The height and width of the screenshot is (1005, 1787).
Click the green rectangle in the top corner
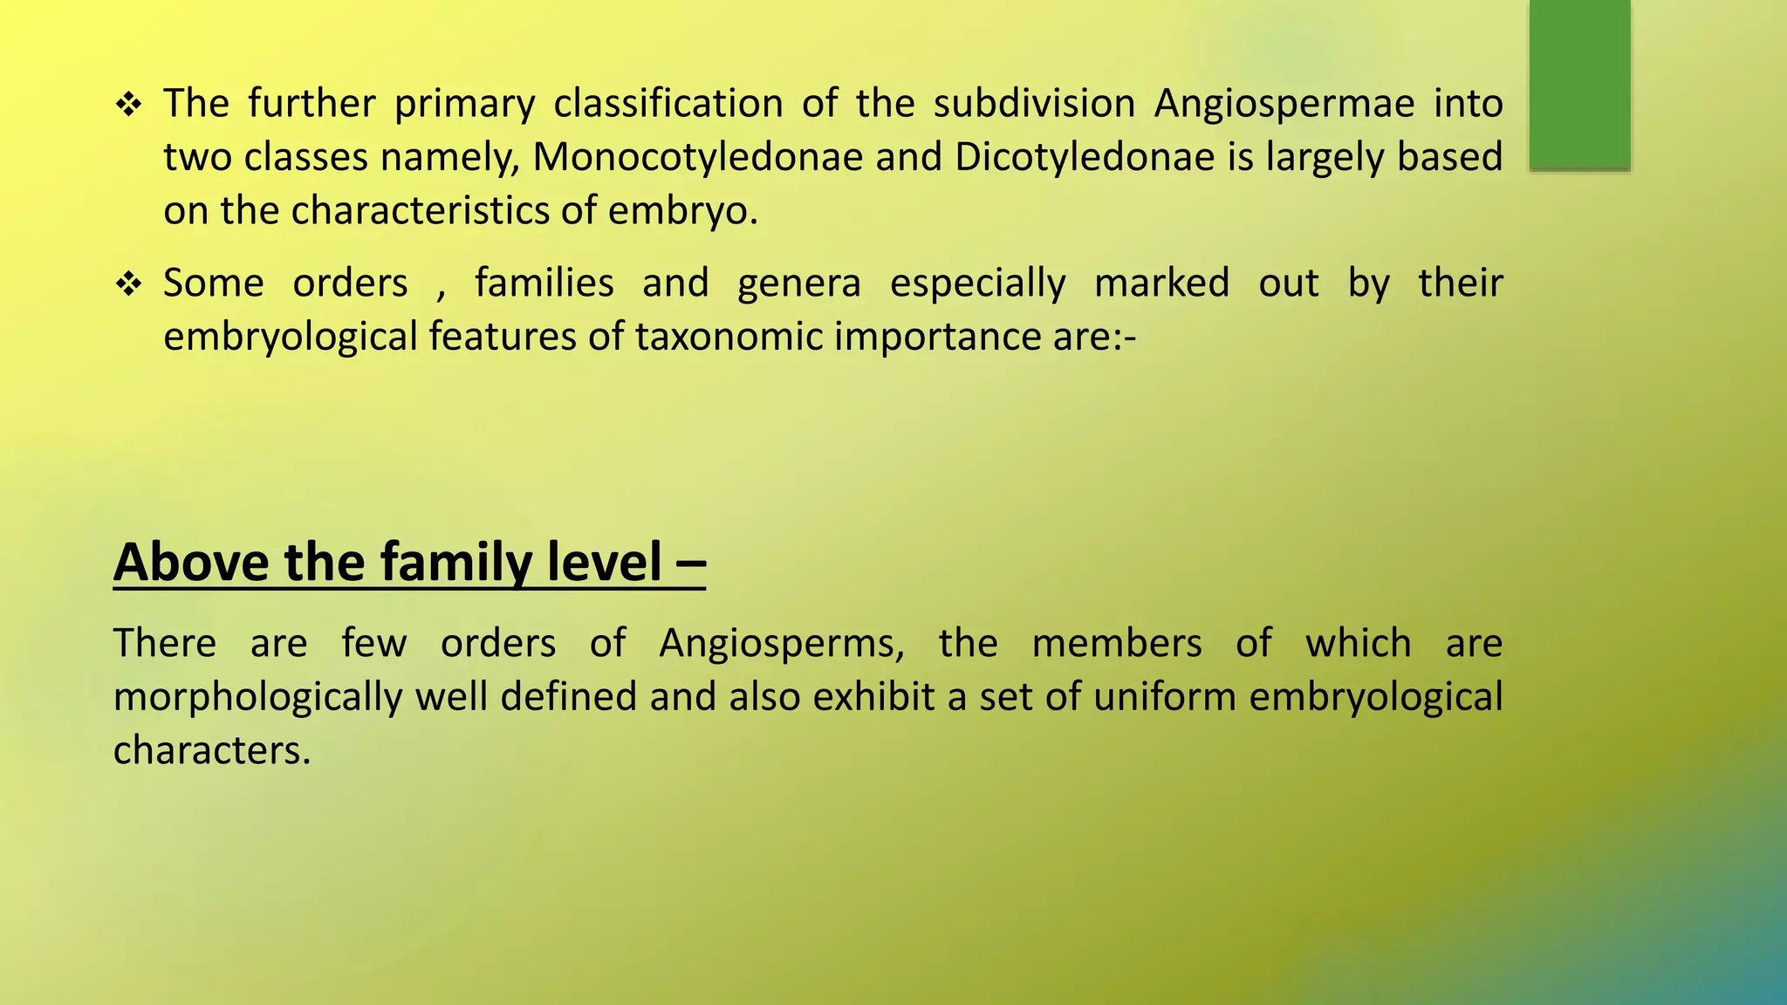click(x=1579, y=84)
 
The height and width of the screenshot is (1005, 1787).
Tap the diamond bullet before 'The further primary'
click(x=129, y=106)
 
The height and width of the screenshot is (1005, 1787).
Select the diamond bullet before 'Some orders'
click(x=129, y=284)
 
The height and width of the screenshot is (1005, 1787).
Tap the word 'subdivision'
click(x=1034, y=104)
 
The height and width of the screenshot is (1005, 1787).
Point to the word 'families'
click(x=544, y=284)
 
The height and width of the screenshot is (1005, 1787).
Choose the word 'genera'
click(x=798, y=284)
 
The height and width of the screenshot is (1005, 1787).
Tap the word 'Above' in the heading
click(x=192, y=562)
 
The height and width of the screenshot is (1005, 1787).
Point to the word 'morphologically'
click(x=258, y=698)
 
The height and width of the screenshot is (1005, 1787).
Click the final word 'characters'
click(x=211, y=751)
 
